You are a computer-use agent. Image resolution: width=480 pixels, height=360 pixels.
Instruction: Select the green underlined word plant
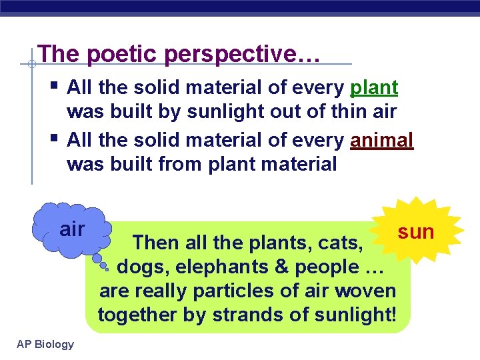373,87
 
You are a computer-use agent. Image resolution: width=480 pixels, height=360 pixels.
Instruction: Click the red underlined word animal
381,140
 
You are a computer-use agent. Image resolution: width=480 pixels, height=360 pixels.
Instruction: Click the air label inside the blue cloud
72,229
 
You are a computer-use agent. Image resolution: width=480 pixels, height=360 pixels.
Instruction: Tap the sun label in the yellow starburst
416,231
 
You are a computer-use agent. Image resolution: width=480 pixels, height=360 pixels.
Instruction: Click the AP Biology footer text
45,344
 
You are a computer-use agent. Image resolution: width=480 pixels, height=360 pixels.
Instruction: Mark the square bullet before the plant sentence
53,86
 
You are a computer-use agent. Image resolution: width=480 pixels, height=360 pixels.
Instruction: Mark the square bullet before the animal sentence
53,139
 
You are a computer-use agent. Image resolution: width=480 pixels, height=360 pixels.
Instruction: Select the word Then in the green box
155,243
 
